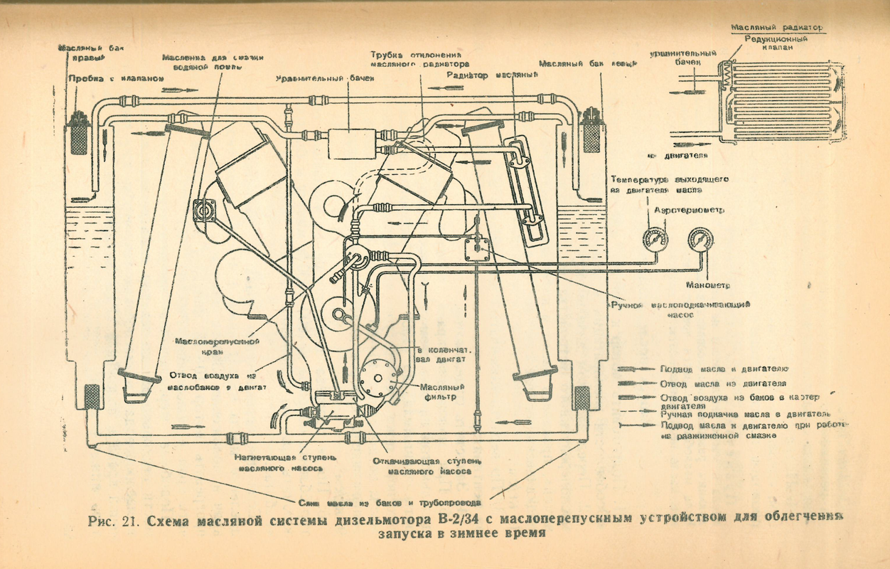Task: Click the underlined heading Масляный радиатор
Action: [x=777, y=28]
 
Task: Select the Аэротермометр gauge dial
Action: [x=654, y=240]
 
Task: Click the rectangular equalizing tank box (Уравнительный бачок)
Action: [x=350, y=142]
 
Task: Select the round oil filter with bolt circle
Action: [x=377, y=378]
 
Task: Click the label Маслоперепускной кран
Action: [x=217, y=346]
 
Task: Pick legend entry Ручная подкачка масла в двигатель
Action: [x=745, y=414]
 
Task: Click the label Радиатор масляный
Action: [x=490, y=74]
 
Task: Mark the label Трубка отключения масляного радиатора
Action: [x=418, y=59]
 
